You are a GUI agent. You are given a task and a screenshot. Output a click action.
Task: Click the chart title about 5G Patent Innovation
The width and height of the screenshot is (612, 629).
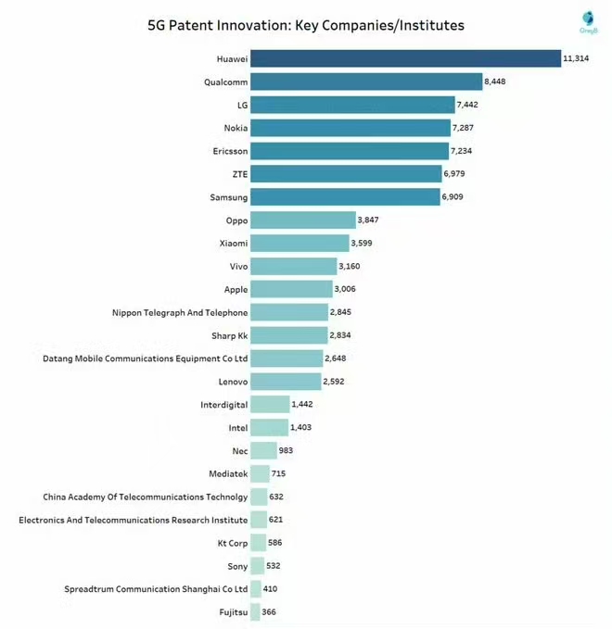[x=306, y=25]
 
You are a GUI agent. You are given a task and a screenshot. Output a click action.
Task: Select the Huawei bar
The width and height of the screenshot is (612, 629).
[x=405, y=58]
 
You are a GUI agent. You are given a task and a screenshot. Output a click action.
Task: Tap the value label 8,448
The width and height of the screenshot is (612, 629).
[x=501, y=82]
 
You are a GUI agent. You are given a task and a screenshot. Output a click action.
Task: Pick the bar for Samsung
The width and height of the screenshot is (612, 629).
[x=345, y=197]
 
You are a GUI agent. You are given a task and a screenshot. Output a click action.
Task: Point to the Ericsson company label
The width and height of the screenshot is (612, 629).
[x=230, y=151]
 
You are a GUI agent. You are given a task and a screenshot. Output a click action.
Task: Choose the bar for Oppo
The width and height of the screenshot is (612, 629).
[x=302, y=220]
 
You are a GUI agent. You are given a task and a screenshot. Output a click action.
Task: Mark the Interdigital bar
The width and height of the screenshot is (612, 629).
[x=269, y=404]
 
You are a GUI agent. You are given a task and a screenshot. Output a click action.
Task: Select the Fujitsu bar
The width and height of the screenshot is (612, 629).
[x=254, y=611]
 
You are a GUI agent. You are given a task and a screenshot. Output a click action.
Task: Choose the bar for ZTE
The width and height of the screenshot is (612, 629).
[x=346, y=174]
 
